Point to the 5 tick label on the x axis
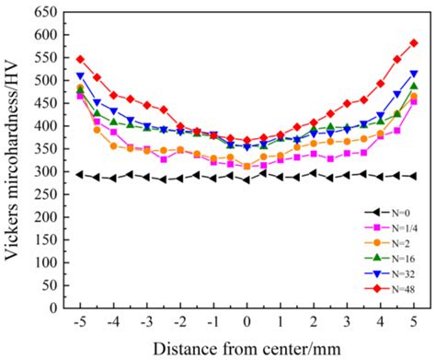pos(414,323)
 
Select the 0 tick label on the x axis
pos(247,323)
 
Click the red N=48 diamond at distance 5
pos(414,43)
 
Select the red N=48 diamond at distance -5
pos(80,59)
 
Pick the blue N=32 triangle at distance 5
pos(414,74)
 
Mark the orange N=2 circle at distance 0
pos(247,167)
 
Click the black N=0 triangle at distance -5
pos(80,175)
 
